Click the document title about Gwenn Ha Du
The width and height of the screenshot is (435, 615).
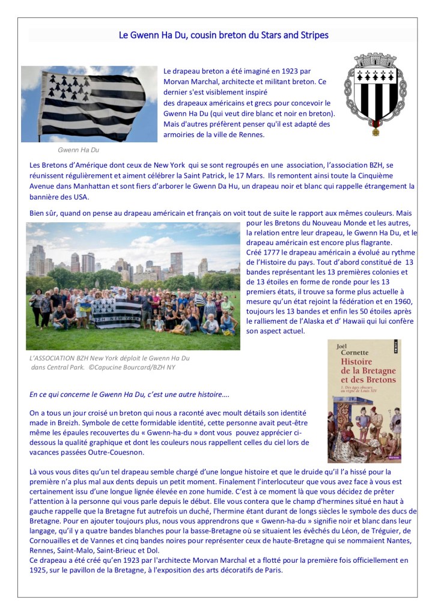pos(224,35)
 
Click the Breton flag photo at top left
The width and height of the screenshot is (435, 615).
pos(89,103)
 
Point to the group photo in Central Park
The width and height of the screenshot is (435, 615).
pos(133,286)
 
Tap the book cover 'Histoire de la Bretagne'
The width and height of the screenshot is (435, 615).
pos(365,401)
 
